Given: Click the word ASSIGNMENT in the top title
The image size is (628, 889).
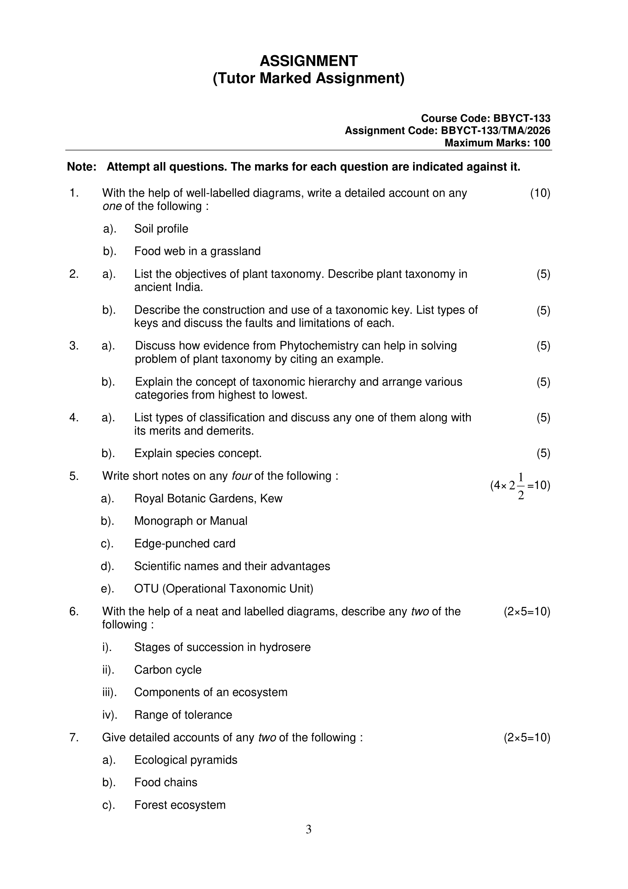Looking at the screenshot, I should [x=309, y=61].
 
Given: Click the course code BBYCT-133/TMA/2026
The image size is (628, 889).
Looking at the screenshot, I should [x=495, y=131].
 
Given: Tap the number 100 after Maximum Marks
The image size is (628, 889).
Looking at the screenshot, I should [x=541, y=143].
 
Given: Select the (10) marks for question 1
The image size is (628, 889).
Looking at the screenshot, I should [x=540, y=193].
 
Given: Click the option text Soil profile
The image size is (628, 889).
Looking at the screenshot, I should [x=161, y=229].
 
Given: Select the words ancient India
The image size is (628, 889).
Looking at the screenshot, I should [x=168, y=287].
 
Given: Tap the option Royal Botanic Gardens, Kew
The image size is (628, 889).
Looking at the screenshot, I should [x=208, y=498].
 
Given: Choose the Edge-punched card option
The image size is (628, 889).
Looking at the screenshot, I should [x=185, y=544].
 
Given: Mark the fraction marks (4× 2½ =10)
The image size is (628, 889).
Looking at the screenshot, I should [x=520, y=486].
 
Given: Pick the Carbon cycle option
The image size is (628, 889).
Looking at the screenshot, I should [x=167, y=670].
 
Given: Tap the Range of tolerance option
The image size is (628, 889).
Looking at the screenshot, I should [x=183, y=715].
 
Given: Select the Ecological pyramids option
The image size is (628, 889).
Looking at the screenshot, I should [x=186, y=760].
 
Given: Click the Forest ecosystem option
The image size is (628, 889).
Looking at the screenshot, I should [x=180, y=805].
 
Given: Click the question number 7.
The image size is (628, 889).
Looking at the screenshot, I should [x=74, y=738].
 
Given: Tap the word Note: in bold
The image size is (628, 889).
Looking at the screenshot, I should [x=82, y=167].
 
